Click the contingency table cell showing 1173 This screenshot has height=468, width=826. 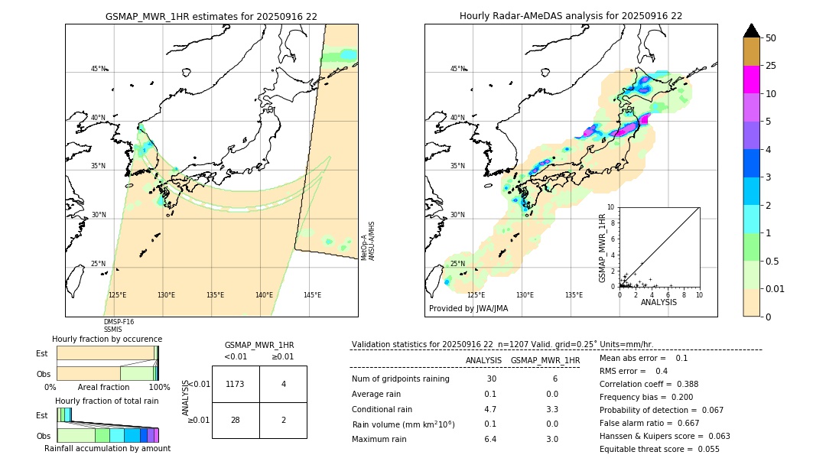[x=235, y=384]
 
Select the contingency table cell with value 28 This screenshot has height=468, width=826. [x=235, y=420]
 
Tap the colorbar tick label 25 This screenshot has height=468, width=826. [x=771, y=66]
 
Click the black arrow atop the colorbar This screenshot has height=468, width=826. [x=752, y=31]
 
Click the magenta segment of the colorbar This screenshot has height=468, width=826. [x=752, y=80]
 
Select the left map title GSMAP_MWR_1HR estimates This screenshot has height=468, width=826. [x=211, y=16]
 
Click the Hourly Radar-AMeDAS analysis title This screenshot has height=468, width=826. [x=571, y=16]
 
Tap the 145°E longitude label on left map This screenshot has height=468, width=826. [x=312, y=295]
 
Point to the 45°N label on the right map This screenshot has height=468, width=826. [x=457, y=69]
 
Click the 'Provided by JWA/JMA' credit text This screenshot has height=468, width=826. [x=468, y=309]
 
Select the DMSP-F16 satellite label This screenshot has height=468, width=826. [x=119, y=322]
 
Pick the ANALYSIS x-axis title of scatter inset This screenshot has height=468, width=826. [x=659, y=302]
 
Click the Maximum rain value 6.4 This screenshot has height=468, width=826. [x=490, y=439]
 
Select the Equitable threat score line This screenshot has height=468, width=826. [x=659, y=449]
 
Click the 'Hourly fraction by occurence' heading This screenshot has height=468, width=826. [x=107, y=339]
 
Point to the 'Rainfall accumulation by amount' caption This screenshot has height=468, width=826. [x=107, y=448]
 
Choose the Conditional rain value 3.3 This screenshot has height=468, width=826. [x=551, y=409]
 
